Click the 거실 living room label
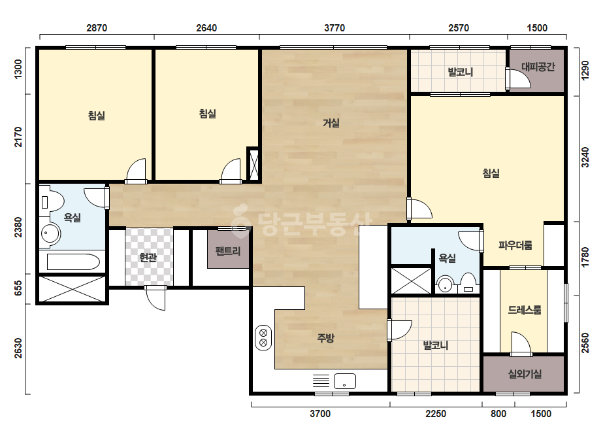click(331, 123)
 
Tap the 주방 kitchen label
click(325, 337)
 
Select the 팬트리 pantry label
click(228, 251)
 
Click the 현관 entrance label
click(148, 257)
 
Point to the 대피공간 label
click(538, 67)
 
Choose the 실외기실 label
click(525, 373)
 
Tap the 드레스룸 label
click(524, 309)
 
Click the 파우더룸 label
click(515, 245)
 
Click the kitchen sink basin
click(345, 381)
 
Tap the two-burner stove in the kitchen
click(263, 337)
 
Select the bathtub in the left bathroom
click(73, 262)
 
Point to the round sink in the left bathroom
click(50, 233)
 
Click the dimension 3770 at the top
click(334, 27)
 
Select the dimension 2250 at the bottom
click(436, 413)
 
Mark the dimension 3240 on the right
click(585, 157)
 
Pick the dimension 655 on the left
click(18, 289)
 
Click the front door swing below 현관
click(155, 297)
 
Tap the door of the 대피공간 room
click(519, 78)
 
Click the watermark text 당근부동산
click(302, 222)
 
